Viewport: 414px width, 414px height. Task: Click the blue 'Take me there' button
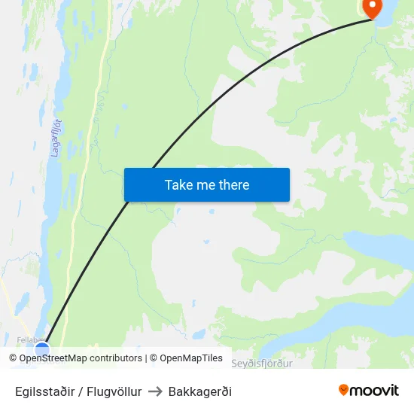tap(206, 184)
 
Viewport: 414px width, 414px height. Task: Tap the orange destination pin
tap(372, 8)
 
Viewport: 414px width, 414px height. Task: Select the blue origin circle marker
tap(42, 349)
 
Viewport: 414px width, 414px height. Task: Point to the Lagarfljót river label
tap(54, 136)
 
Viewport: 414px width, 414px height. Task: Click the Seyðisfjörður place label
tap(261, 364)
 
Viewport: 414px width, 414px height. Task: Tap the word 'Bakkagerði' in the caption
tap(200, 391)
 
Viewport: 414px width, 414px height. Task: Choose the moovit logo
tap(368, 390)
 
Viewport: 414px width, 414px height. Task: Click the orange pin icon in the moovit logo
tap(344, 390)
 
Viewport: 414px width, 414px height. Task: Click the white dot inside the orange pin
tap(372, 5)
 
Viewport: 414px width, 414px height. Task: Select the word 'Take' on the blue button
tap(178, 184)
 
